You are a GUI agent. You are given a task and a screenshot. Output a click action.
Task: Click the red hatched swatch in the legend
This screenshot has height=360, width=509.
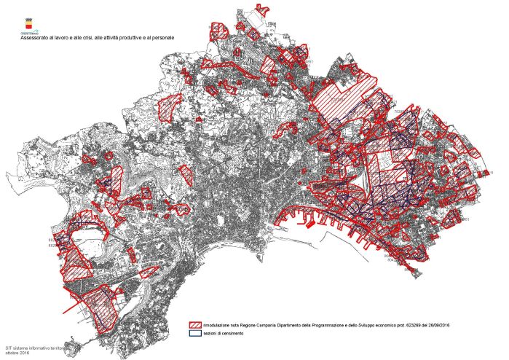pos(195,325)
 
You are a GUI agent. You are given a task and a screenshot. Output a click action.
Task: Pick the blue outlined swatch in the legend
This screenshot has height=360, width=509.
pos(195,334)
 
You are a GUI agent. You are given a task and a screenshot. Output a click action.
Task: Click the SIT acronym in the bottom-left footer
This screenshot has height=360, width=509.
pos(9,348)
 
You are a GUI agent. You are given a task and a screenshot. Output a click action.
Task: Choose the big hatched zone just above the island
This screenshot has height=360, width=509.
pos(98,306)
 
